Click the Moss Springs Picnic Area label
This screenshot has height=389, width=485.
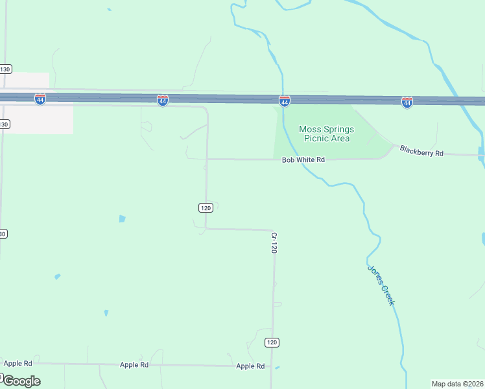tap(325, 134)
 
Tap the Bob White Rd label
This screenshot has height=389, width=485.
tap(303, 159)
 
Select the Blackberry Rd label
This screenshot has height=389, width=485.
tap(421, 151)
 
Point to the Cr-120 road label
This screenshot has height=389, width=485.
tap(274, 243)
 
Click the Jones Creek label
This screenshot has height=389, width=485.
tap(381, 285)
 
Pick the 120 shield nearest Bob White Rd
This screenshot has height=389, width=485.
tap(206, 207)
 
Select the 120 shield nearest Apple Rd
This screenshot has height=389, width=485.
tap(272, 342)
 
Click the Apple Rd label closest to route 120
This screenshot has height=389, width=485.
tap(250, 366)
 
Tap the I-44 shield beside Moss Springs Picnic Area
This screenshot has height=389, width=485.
tap(284, 100)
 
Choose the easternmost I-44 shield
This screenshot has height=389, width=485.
tap(407, 102)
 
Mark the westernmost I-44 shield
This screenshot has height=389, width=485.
tap(40, 99)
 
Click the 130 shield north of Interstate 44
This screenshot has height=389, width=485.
tap(5, 69)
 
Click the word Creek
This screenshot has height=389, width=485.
tap(388, 296)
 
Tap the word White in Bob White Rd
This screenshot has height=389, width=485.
tap(305, 159)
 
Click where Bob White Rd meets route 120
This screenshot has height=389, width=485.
tap(206, 159)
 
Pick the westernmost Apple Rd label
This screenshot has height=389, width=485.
tap(18, 364)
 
